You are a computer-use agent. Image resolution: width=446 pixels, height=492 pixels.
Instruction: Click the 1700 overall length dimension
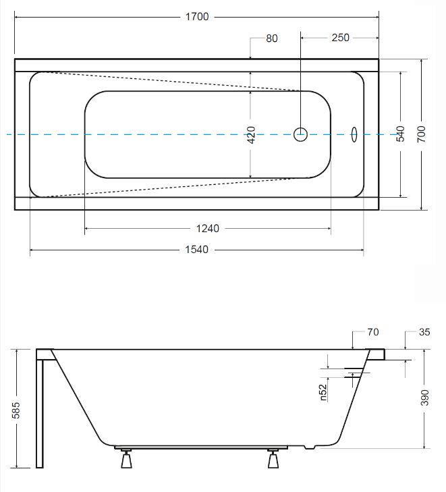click(197, 17)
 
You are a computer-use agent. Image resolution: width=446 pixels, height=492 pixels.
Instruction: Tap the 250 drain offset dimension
click(340, 38)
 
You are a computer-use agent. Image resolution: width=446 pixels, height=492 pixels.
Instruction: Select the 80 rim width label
click(272, 38)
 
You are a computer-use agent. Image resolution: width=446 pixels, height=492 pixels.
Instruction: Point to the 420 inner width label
click(251, 135)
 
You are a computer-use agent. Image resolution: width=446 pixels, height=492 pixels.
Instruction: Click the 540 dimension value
click(400, 134)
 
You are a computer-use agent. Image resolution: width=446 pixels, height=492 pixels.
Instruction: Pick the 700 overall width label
click(421, 134)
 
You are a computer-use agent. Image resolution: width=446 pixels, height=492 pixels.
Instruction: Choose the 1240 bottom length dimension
click(208, 228)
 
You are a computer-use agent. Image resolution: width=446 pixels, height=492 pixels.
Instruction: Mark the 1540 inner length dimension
click(196, 250)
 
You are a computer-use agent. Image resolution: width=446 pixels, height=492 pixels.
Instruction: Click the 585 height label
click(16, 410)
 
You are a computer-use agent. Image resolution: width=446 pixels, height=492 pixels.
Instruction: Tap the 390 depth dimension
click(424, 398)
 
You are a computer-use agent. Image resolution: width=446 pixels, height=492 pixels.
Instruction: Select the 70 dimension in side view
click(373, 332)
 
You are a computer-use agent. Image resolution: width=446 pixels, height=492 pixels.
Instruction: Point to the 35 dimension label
click(424, 332)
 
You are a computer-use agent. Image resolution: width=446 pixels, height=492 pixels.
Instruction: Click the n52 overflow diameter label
click(323, 393)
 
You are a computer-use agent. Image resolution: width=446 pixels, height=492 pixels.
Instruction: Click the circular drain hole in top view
click(300, 134)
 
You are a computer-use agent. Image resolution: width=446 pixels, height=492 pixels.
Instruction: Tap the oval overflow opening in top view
click(354, 134)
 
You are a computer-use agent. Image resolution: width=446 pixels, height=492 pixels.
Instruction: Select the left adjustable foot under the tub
click(126, 459)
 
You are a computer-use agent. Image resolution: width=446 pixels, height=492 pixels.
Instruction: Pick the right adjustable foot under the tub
click(273, 459)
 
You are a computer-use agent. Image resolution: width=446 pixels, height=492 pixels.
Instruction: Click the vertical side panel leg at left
click(40, 414)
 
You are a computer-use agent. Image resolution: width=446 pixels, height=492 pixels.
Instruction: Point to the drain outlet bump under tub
click(310, 447)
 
